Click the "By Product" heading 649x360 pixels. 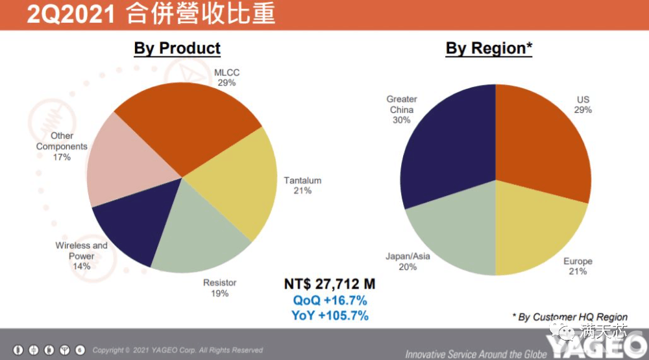(177, 49)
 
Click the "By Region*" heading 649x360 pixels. (489, 49)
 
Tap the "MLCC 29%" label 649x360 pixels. (227, 78)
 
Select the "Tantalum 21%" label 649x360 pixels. (302, 186)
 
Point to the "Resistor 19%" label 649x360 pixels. (220, 288)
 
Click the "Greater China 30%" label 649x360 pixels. (402, 110)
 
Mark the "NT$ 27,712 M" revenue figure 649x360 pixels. (330, 284)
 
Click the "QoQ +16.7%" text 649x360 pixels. (330, 300)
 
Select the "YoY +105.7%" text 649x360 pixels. (330, 316)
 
